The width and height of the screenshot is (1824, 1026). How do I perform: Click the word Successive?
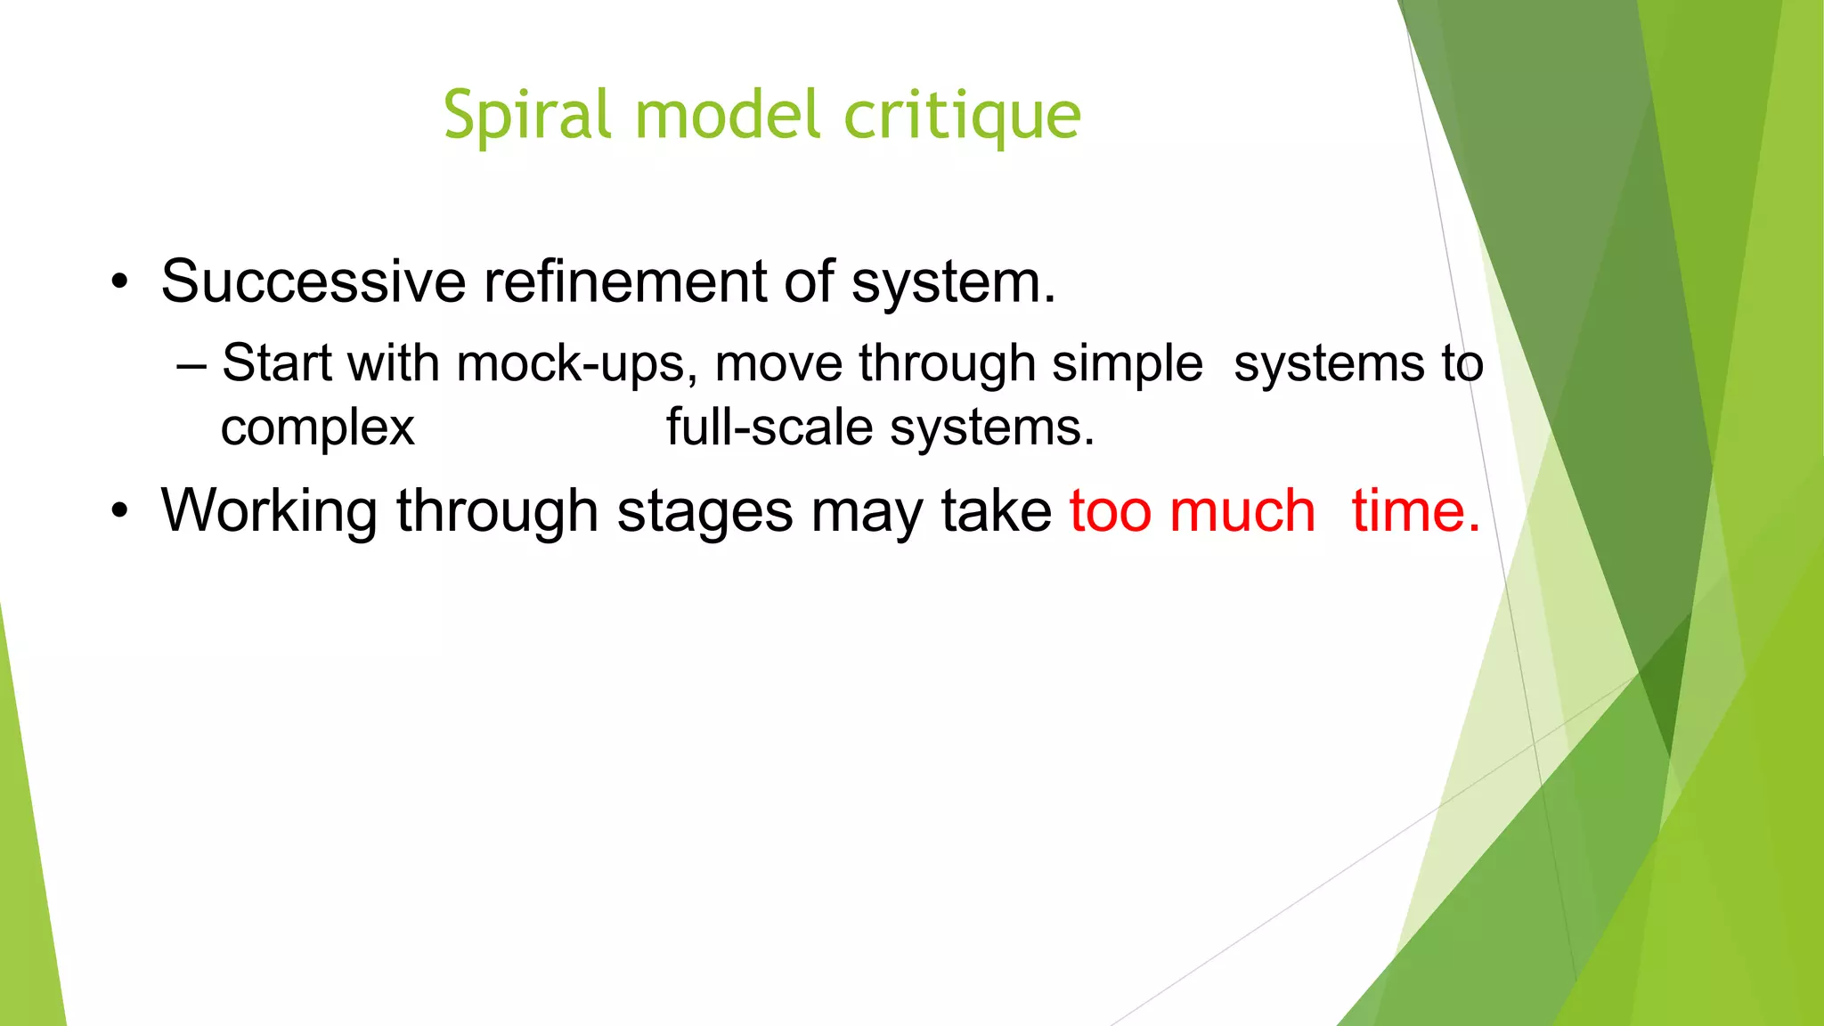pyautogui.click(x=313, y=281)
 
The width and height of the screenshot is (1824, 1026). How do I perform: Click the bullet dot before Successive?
pyautogui.click(x=120, y=284)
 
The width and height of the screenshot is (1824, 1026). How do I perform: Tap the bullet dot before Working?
pyautogui.click(x=120, y=513)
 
